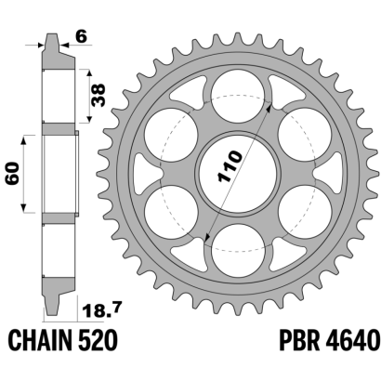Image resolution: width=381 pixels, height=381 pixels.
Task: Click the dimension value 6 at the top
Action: click(x=82, y=37)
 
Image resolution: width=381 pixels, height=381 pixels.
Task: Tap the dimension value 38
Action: click(x=99, y=96)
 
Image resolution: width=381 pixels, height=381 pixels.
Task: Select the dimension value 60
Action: click(x=13, y=174)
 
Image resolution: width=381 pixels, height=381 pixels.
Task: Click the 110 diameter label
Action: click(x=230, y=166)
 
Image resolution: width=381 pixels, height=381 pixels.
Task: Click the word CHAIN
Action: click(x=40, y=340)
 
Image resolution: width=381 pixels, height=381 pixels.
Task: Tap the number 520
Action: click(x=98, y=340)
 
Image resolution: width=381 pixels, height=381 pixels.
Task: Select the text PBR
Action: click(x=299, y=340)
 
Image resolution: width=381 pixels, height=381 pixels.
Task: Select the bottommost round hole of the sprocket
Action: click(x=238, y=251)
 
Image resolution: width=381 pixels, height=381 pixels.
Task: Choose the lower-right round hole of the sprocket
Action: click(x=305, y=212)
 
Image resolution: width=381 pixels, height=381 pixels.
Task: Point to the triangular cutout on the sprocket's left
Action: click(x=147, y=173)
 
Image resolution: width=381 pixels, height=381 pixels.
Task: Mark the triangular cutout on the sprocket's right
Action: click(x=328, y=173)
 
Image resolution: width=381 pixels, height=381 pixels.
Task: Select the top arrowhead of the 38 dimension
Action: click(x=89, y=73)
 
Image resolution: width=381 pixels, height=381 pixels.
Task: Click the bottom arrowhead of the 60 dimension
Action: click(x=23, y=208)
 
